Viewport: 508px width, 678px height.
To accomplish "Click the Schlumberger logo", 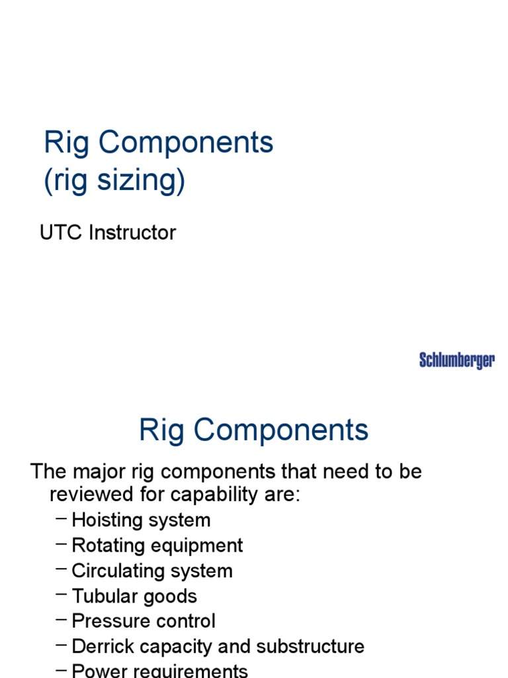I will tap(456, 361).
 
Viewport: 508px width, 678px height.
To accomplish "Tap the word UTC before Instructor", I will tap(62, 233).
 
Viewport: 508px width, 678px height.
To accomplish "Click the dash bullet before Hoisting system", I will tap(62, 519).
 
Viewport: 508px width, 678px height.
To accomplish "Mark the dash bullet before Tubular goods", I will tap(62, 595).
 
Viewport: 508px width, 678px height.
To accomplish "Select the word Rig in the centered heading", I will tap(161, 430).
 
